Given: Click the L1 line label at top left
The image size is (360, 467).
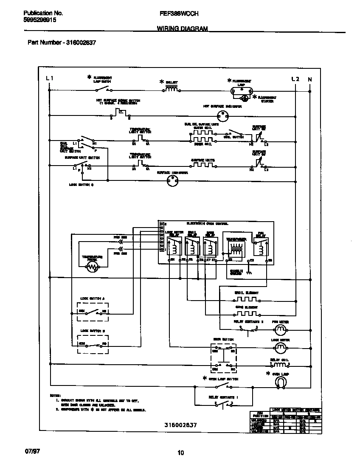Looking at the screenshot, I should pos(50,79).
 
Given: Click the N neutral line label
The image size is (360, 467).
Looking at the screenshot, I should pos(309,79).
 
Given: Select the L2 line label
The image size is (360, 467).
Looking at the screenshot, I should pos(295,79).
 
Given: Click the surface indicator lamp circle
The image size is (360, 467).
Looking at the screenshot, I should pos(172,180).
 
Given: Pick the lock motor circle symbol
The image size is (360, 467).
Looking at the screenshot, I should pos(280,348).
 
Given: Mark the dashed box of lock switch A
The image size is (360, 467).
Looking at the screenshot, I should pos(92,313).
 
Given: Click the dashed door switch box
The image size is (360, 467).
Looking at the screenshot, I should pos(224,357).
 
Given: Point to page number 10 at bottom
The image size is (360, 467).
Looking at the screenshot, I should pos(180,453).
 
